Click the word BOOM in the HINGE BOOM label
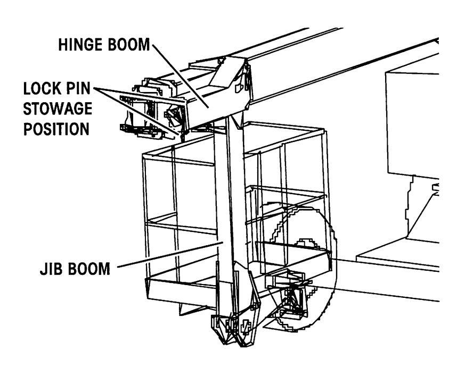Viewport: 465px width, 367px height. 128,46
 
